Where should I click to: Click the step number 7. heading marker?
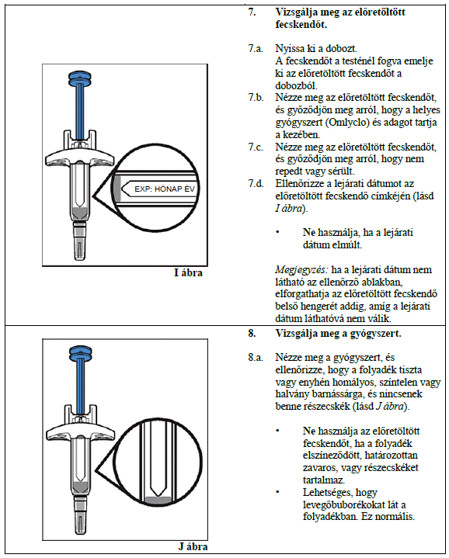click(x=252, y=12)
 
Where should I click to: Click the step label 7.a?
click(x=256, y=48)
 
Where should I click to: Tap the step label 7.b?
click(x=256, y=97)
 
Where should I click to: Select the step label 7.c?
click(x=256, y=147)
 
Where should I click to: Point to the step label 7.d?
click(x=256, y=184)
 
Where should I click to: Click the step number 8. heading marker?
click(x=252, y=334)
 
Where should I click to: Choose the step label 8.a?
click(x=256, y=357)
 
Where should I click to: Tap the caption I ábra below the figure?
click(x=188, y=273)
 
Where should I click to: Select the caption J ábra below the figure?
click(x=193, y=546)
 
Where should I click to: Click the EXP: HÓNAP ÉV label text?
click(x=165, y=189)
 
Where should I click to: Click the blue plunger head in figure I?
click(x=80, y=78)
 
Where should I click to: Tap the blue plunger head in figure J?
click(x=80, y=352)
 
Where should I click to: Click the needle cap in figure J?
click(x=80, y=515)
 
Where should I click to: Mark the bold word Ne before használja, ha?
click(x=308, y=232)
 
